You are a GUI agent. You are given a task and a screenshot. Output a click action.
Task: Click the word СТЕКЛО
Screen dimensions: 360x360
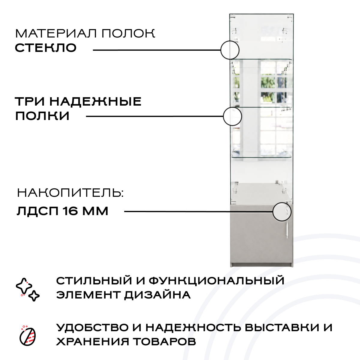(x=46, y=48)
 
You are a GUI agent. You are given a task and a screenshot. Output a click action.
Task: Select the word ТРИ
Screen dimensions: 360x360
(x=30, y=102)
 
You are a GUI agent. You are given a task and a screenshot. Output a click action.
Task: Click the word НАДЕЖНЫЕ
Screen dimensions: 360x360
(x=95, y=102)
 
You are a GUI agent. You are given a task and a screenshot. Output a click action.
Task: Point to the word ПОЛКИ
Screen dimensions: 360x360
(x=42, y=116)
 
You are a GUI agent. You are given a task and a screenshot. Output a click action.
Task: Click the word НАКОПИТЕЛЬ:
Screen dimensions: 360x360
(x=70, y=193)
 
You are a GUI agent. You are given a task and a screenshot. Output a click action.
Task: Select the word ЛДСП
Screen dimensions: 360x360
(x=37, y=211)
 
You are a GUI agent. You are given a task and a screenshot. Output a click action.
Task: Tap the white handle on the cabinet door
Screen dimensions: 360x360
(x=287, y=231)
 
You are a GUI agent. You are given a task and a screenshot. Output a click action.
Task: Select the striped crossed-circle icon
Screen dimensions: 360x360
(x=28, y=336)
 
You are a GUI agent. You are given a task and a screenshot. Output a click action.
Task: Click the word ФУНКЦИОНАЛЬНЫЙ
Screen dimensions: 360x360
(x=217, y=281)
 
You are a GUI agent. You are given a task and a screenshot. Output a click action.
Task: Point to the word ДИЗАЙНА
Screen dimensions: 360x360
(x=157, y=295)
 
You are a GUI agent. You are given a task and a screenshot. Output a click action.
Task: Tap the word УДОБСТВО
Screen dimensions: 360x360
(x=92, y=328)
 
